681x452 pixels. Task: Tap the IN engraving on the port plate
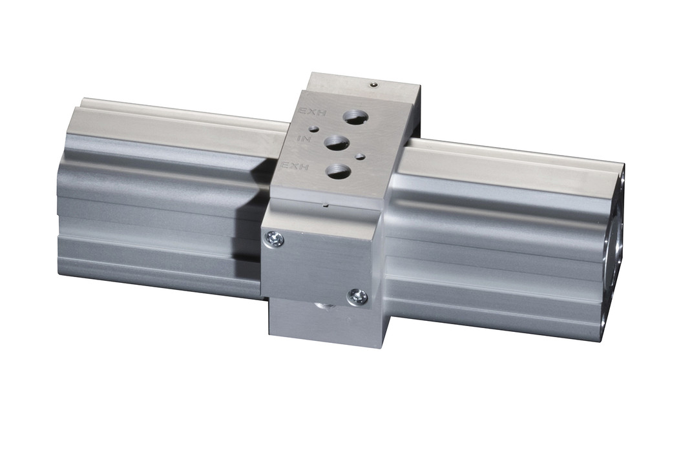click(303, 139)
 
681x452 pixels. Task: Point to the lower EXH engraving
click(295, 165)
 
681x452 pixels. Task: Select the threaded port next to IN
click(337, 143)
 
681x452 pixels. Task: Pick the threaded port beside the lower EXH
click(339, 170)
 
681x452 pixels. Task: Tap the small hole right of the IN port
click(360, 155)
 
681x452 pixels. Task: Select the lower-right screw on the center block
click(357, 297)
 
